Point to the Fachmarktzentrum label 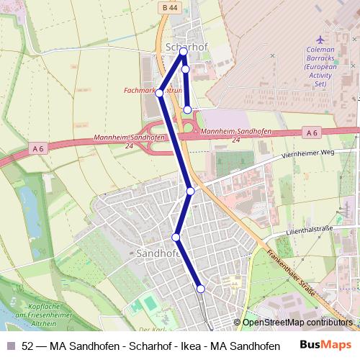[x=151, y=91]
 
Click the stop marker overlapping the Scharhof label [x=184, y=52]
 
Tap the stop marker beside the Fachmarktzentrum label [x=160, y=93]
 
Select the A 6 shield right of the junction [x=311, y=132]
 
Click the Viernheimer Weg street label [x=308, y=153]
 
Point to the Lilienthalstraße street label [x=309, y=229]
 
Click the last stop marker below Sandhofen [x=201, y=288]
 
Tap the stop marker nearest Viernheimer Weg [x=191, y=191]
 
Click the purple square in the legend [x=10, y=346]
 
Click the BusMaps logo [x=326, y=346]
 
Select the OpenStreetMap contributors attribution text [x=297, y=323]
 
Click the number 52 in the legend [x=27, y=346]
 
